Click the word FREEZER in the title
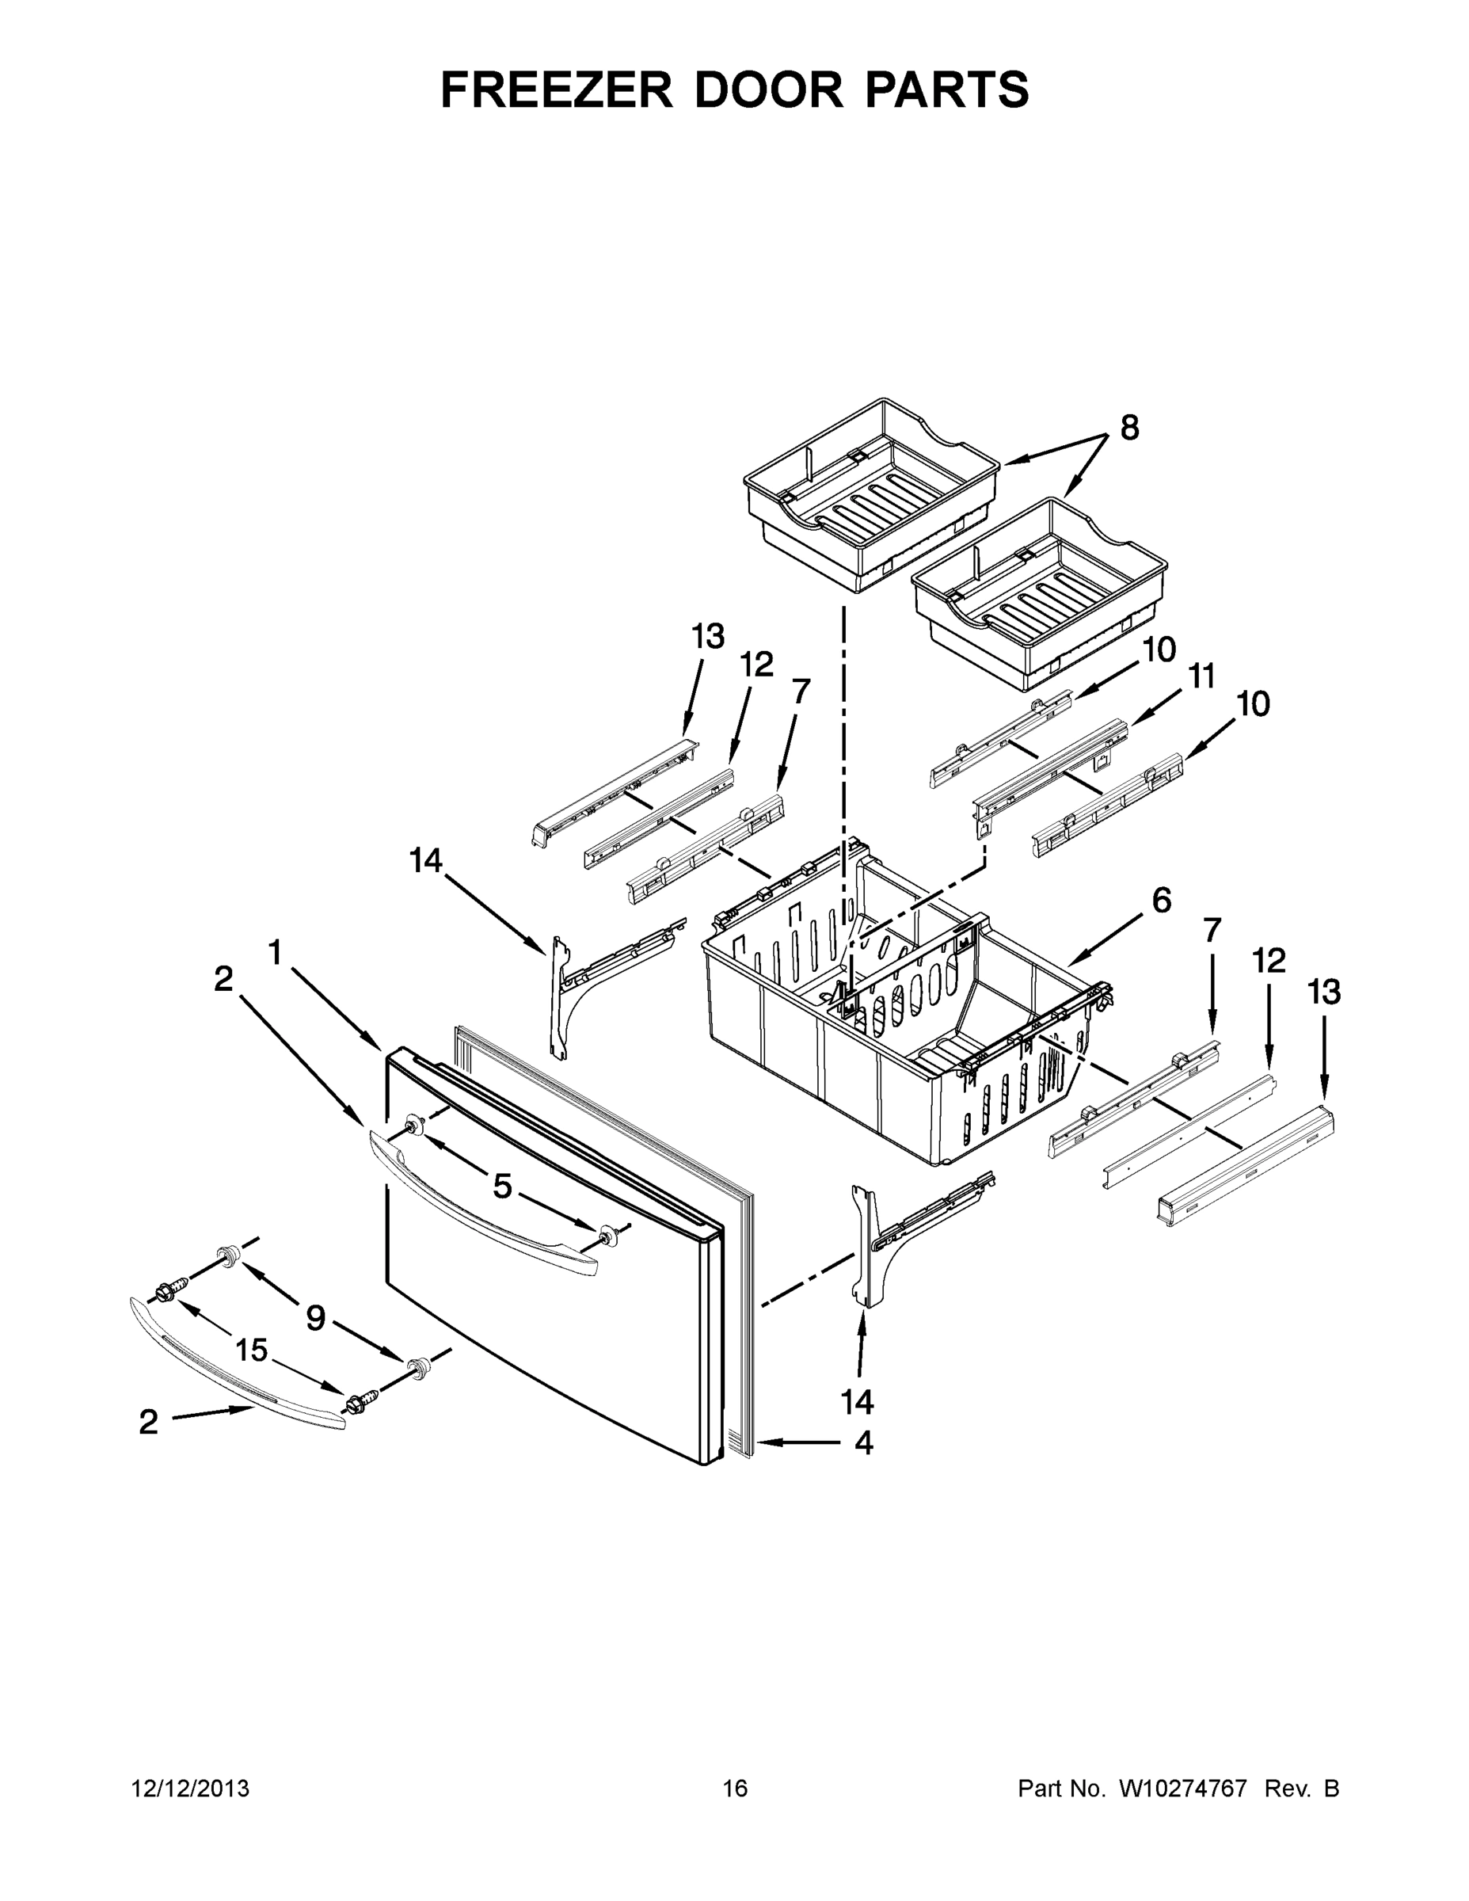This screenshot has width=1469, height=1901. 556,90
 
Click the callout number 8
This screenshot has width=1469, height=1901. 1128,429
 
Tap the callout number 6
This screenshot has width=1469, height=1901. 1162,900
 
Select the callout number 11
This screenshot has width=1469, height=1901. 1201,676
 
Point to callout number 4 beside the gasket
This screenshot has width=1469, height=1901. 862,1443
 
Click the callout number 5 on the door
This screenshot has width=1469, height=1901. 502,1186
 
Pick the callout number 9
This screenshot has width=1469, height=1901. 315,1319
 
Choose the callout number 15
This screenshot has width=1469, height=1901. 252,1350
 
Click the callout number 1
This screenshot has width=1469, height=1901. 275,953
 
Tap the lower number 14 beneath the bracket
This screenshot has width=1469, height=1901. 857,1401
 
